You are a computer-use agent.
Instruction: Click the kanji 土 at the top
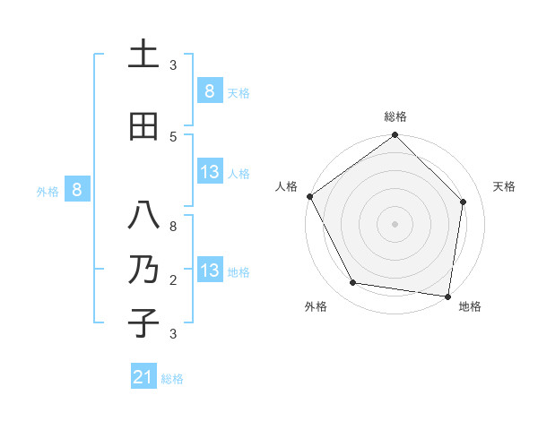point(143,56)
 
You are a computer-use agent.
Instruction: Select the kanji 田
point(143,126)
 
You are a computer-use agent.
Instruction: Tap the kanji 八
point(143,217)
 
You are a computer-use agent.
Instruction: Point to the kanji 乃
point(143,270)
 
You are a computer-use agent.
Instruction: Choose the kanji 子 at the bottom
point(143,323)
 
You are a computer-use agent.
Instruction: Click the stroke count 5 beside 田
point(173,136)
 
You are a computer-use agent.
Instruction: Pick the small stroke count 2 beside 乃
point(173,280)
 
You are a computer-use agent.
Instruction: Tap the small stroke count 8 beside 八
point(173,227)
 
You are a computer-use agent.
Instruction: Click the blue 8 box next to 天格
point(209,90)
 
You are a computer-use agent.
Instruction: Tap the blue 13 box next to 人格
point(209,172)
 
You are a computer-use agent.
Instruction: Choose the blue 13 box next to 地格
point(209,271)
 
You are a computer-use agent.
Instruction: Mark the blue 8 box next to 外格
point(77,189)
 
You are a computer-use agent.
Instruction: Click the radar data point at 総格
point(395,135)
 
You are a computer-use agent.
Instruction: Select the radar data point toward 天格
point(463,202)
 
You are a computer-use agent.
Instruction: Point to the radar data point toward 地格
point(447,296)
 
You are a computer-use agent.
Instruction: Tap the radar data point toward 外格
point(353,283)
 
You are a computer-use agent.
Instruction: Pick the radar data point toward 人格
point(309,196)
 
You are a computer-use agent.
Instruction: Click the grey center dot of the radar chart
point(395,223)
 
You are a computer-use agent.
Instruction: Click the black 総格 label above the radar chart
point(395,116)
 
